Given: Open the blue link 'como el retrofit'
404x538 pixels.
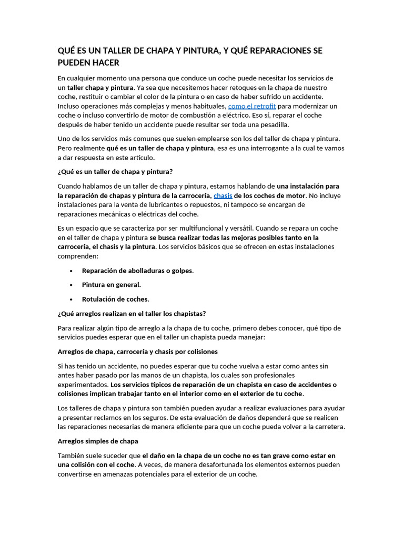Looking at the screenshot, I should pyautogui.click(x=252, y=106).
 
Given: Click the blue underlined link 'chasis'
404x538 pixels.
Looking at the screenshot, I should pyautogui.click(x=223, y=195).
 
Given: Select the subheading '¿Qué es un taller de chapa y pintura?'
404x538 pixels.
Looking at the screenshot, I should pyautogui.click(x=115, y=171).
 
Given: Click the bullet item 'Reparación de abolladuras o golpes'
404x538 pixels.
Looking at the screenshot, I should pyautogui.click(x=137, y=271).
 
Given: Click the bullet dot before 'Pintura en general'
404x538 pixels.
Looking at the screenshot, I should pyautogui.click(x=71, y=285).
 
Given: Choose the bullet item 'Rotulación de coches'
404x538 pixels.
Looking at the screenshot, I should pyautogui.click(x=115, y=299).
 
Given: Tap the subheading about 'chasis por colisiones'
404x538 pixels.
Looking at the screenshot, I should pyautogui.click(x=137, y=351).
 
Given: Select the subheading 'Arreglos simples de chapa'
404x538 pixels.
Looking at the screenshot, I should pyautogui.click(x=98, y=441).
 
